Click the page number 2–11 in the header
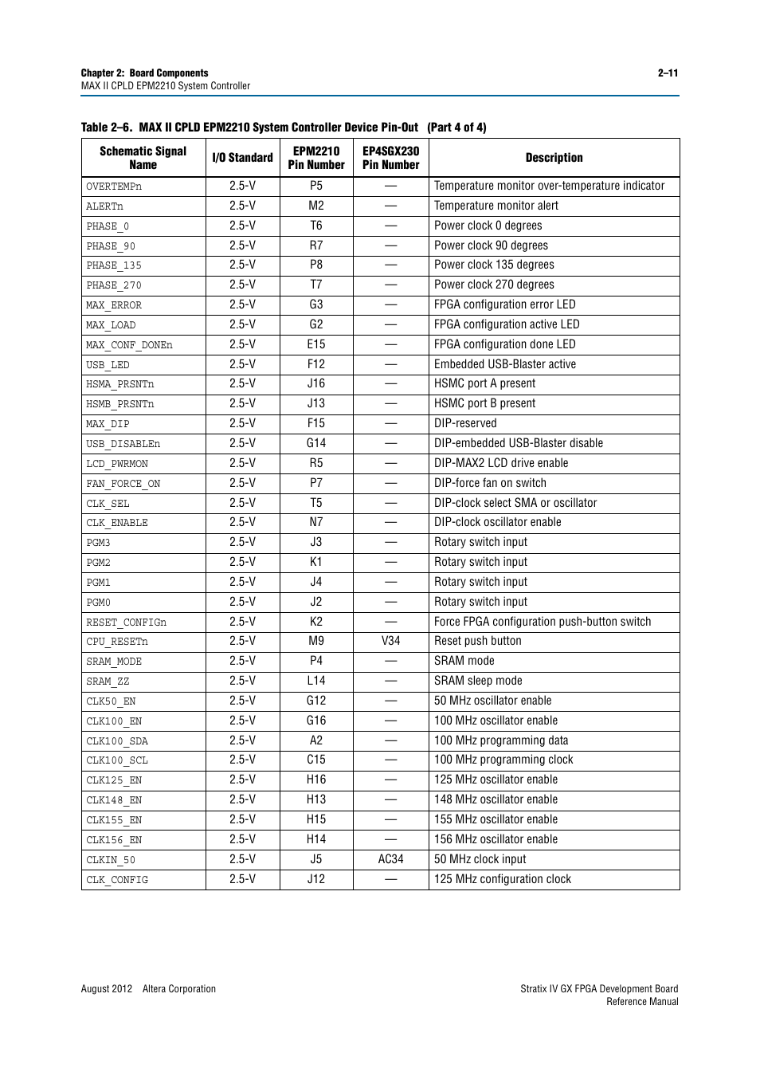[x=668, y=73]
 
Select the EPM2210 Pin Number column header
[x=316, y=158]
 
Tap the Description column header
[x=554, y=158]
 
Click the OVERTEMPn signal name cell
[x=114, y=187]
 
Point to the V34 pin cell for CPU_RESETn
[x=390, y=641]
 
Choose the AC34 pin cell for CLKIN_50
[x=390, y=859]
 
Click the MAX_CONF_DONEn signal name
[x=129, y=345]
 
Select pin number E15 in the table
[x=316, y=344]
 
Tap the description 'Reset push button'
[x=478, y=641]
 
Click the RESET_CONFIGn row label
[x=126, y=622]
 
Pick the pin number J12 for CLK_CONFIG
[x=316, y=879]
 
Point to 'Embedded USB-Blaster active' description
[x=505, y=364]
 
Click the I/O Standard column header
[x=242, y=158]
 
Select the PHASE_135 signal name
[x=114, y=265]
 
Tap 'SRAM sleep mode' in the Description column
[x=478, y=681]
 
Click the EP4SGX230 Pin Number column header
[x=390, y=158]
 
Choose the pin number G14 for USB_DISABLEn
[x=316, y=443]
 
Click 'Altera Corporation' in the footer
[x=179, y=989]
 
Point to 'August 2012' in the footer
[x=107, y=989]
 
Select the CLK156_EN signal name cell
[x=114, y=840]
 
